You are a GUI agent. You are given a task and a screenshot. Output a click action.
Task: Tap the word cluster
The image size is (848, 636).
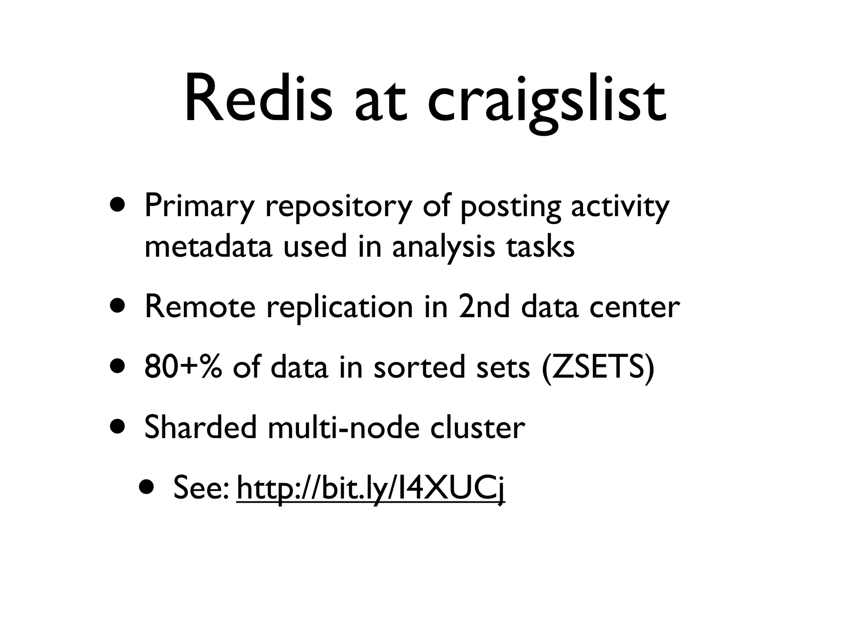[x=477, y=427]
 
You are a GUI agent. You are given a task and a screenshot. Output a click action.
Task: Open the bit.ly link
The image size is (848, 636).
[x=371, y=489]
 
